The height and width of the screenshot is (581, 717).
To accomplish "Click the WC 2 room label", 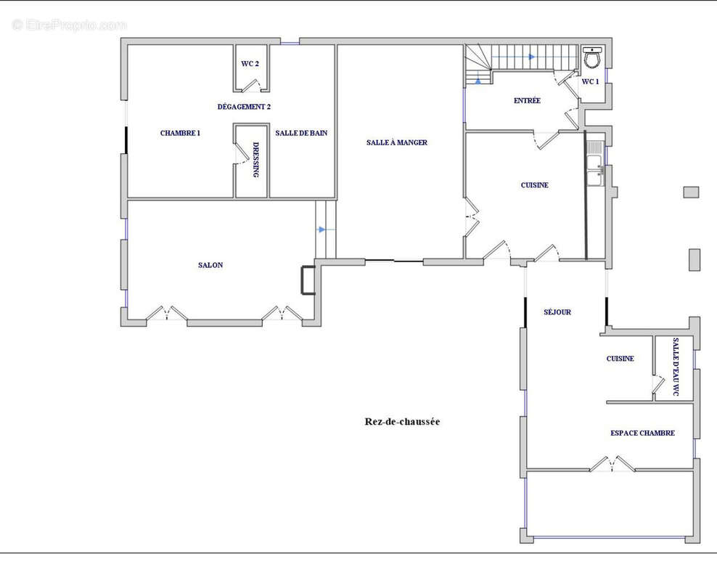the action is (x=250, y=64).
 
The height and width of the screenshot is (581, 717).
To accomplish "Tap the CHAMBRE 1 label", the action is (x=180, y=133).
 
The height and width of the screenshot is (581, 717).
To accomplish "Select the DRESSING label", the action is (x=256, y=160).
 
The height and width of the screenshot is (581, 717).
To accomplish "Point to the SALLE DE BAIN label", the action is (x=301, y=133).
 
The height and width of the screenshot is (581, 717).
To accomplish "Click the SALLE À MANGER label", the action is (x=397, y=142).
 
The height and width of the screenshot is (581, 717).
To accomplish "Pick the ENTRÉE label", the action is (x=528, y=101).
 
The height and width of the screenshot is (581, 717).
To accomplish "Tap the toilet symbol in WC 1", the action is (x=593, y=57).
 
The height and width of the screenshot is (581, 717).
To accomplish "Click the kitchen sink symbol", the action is (x=596, y=164).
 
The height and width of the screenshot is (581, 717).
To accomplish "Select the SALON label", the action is (x=210, y=265).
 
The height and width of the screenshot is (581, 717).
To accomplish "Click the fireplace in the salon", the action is (x=301, y=280).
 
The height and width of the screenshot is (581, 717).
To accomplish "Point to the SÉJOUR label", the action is (x=557, y=312).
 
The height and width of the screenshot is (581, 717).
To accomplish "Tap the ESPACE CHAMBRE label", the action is (x=642, y=433).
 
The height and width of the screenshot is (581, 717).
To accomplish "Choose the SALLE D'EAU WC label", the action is (x=676, y=367).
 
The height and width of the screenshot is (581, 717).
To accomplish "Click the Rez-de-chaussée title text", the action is (x=402, y=421).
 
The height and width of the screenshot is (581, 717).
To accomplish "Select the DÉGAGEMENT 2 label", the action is (x=244, y=107).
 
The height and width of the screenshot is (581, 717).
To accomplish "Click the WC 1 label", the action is (x=590, y=81).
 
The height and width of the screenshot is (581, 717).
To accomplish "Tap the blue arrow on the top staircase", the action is (x=532, y=57).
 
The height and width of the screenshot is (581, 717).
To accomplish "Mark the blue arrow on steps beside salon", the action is (x=322, y=229).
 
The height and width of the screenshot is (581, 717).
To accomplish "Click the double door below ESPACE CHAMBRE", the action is (x=612, y=463).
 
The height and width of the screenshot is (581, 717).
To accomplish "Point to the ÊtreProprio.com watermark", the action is (x=70, y=25).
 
